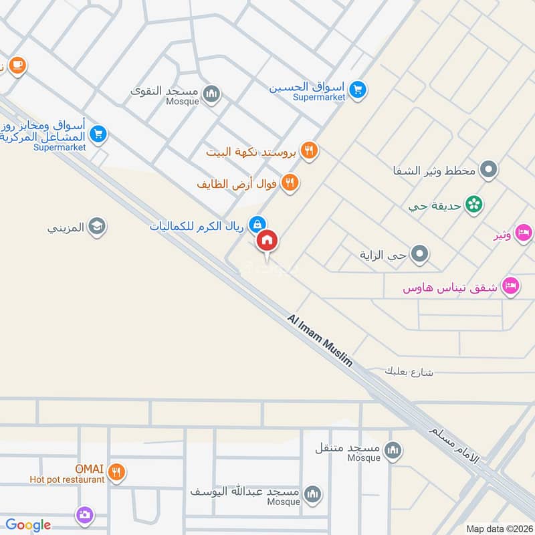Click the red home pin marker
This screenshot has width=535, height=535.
coord(267,241)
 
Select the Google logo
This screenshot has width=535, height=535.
coord(28,525)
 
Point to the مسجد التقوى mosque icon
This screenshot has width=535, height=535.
coord(212,94)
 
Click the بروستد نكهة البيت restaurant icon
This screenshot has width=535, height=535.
coord(308,151)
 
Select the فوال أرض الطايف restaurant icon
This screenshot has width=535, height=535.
coord(290,183)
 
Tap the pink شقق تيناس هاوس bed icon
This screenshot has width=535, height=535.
coord(512,286)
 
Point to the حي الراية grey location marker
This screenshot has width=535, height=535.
coord(420,254)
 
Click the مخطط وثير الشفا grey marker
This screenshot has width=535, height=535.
coord(490,171)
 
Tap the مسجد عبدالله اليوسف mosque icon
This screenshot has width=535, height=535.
coord(312,494)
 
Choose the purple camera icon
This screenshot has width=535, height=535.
coord(85,515)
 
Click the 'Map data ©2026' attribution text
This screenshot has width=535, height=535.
coord(498,528)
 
